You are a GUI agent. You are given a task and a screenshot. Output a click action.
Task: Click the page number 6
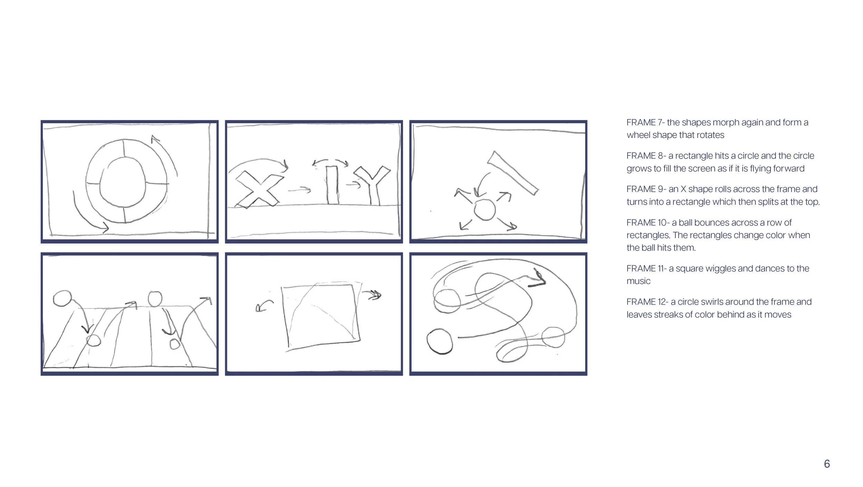tap(827, 464)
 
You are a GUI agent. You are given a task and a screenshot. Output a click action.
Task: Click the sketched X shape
tap(258, 191)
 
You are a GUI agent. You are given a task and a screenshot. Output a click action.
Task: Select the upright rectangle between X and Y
tap(332, 185)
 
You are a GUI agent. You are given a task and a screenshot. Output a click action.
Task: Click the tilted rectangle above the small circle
tap(512, 173)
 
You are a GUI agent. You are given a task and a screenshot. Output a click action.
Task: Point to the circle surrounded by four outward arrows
tap(485, 210)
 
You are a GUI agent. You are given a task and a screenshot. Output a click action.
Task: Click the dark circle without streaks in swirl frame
tap(439, 342)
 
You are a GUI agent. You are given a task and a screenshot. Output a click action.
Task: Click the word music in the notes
tap(639, 281)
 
